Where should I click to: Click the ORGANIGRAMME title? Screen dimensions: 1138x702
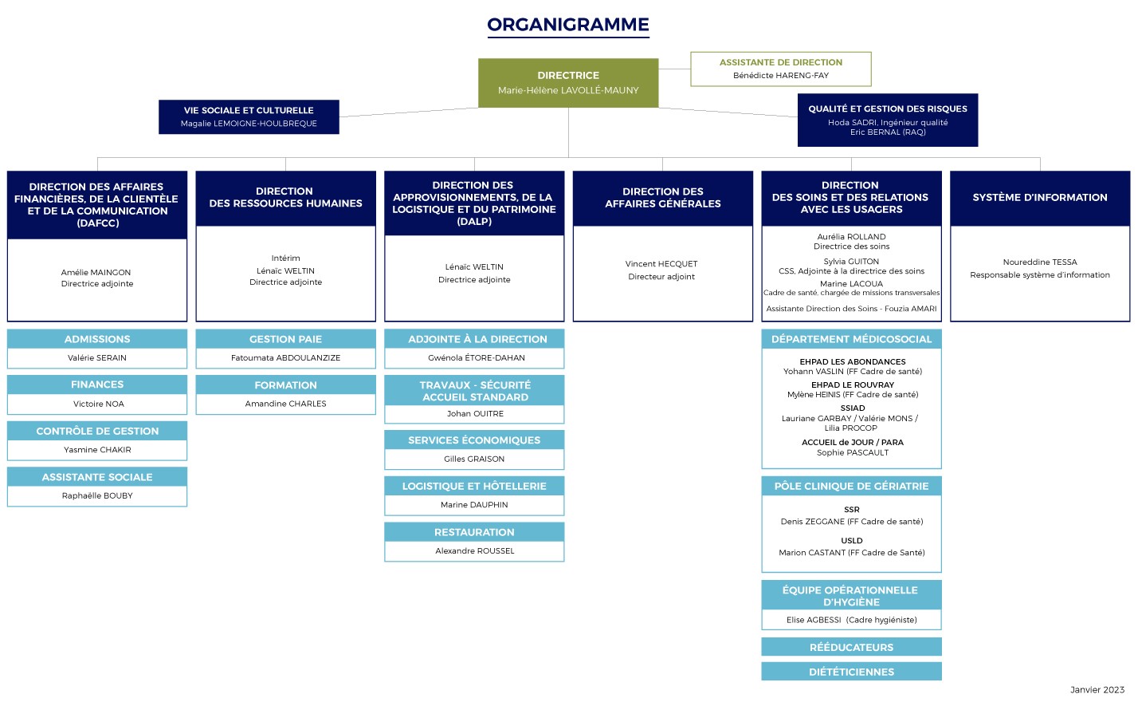[568, 25]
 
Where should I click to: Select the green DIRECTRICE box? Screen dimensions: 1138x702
[568, 83]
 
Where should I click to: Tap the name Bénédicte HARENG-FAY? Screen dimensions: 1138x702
[780, 75]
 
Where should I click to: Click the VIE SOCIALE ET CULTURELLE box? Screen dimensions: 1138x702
[249, 117]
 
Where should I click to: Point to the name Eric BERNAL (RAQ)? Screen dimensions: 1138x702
[888, 132]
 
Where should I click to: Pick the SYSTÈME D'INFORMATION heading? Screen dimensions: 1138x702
[1039, 197]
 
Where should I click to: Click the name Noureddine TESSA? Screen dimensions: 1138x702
[1039, 262]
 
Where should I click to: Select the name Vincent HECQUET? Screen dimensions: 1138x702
[661, 263]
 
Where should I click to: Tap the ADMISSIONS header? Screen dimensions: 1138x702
[97, 339]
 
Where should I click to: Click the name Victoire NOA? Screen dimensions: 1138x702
[98, 404]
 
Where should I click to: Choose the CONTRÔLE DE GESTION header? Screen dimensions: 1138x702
[97, 431]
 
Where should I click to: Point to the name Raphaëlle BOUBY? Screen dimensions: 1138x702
[97, 495]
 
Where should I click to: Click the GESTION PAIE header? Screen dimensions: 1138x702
[285, 339]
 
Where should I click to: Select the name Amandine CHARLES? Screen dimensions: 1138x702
[285, 404]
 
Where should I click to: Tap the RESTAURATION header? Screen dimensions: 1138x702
[474, 532]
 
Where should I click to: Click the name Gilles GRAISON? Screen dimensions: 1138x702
[474, 459]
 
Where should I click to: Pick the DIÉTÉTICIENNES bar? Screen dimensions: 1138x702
[851, 672]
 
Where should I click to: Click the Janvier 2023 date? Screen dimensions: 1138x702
[1097, 690]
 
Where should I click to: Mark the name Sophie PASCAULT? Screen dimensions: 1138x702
[852, 452]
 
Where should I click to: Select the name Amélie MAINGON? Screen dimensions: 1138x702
[96, 272]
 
